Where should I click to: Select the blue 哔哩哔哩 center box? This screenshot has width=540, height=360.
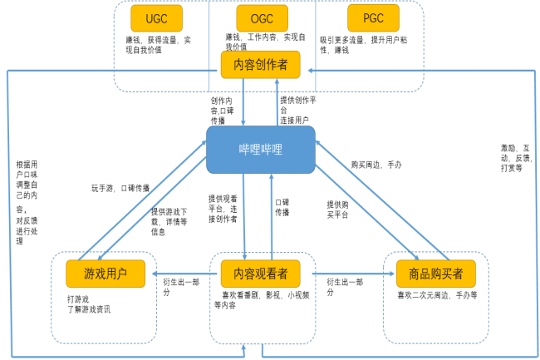pos(261,149)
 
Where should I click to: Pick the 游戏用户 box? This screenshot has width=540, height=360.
pos(106,272)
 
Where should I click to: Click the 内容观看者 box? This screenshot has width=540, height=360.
pos(260,272)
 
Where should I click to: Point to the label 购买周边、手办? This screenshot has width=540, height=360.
pos(376,165)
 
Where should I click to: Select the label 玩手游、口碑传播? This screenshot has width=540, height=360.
pos(120,188)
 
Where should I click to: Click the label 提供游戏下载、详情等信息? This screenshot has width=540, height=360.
pos(169,222)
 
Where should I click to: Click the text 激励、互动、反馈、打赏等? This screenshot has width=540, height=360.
pos(512,157)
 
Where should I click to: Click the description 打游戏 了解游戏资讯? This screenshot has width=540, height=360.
pos(88,303)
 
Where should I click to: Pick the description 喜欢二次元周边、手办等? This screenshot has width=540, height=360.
pos(436,295)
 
